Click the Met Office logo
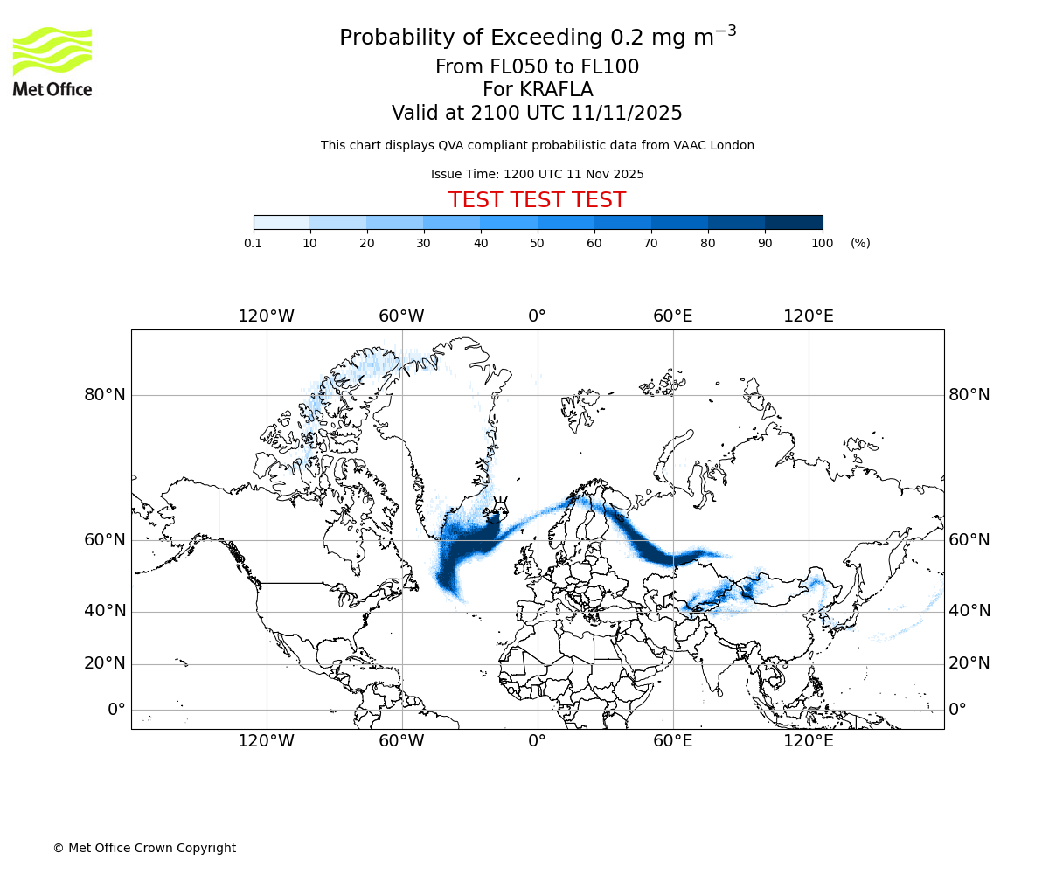[52, 61]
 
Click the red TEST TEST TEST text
[537, 200]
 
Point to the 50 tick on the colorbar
[538, 243]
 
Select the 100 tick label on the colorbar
[822, 243]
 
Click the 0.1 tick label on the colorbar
[254, 243]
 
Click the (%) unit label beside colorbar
[860, 243]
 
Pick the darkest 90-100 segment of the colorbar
[794, 223]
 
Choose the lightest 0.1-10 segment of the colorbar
[281, 223]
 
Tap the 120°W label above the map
[266, 316]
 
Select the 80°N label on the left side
[105, 395]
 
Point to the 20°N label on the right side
[969, 663]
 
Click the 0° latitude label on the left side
[116, 710]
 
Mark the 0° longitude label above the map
[537, 316]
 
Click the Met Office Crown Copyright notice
[144, 848]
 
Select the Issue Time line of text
[537, 174]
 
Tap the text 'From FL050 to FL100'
[537, 67]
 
